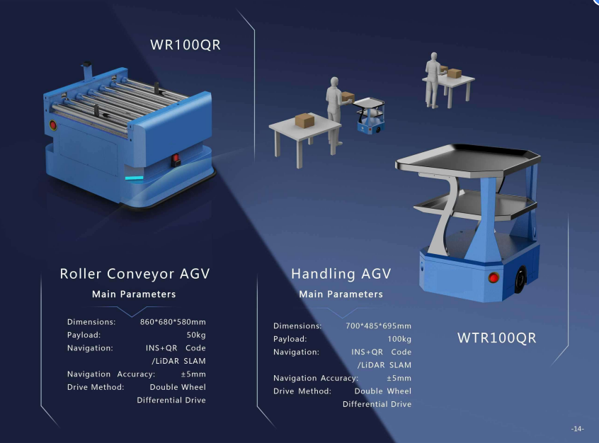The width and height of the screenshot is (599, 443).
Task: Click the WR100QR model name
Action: pos(186,45)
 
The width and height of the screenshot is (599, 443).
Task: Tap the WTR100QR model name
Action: pos(496,338)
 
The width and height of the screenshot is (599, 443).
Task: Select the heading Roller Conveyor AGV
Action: pos(135,274)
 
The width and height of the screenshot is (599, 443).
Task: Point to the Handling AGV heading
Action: pos(341,274)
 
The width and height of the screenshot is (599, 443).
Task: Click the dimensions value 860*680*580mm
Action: pos(173,322)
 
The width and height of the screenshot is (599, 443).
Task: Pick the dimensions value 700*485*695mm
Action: pos(378,326)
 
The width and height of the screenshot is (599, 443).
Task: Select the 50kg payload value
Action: pos(196,335)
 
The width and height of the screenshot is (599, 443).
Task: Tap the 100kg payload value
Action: pos(399,339)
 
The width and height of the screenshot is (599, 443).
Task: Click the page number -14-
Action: pos(578,428)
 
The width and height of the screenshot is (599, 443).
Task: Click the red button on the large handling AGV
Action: pos(494,277)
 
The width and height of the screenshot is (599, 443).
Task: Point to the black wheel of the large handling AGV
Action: pos(520,280)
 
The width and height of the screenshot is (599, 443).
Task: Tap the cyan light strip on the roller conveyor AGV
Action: pos(134,178)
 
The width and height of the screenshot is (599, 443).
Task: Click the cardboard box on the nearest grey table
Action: pos(304,120)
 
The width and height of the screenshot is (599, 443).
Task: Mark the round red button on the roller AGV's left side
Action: pos(52,125)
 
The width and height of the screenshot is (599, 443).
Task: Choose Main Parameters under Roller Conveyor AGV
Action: pos(134,294)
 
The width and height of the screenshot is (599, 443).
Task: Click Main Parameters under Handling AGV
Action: pos(341,294)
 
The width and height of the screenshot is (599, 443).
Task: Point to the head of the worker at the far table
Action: pos(433,56)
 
